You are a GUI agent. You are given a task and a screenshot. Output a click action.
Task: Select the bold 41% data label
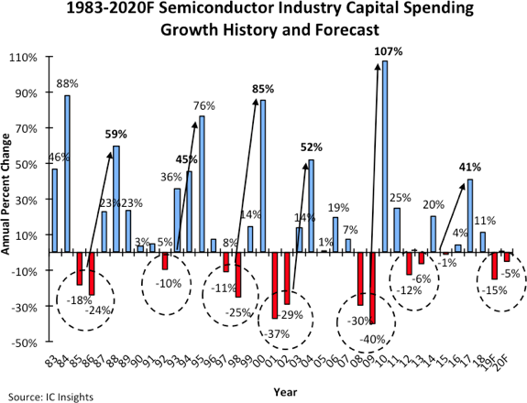470,167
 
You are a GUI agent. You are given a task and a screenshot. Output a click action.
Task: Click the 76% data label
203,105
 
